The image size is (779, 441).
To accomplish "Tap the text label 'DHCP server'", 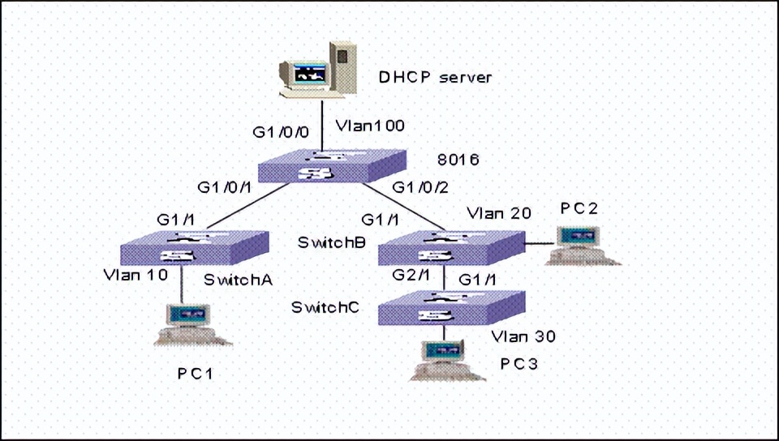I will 436,78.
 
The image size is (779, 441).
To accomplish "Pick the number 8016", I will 458,160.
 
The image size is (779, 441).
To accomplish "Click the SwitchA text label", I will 237,280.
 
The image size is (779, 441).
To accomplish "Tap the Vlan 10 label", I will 136,274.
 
